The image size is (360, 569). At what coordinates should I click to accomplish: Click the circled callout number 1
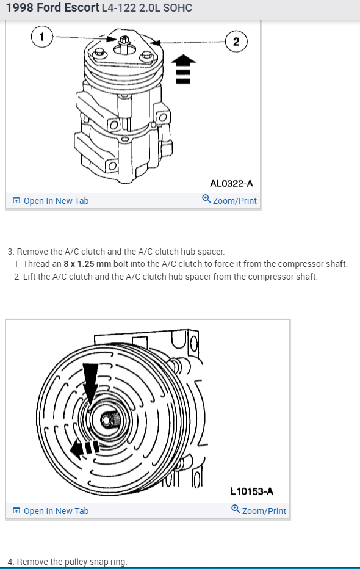tap(42, 37)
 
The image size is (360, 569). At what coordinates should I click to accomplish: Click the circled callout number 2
tap(236, 42)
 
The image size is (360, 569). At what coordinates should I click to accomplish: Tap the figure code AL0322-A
tap(231, 184)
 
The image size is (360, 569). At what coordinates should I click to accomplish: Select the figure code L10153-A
tap(252, 491)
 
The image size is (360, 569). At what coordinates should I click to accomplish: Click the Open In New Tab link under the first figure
tap(51, 201)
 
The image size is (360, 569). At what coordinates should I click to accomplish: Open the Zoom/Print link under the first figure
tap(229, 200)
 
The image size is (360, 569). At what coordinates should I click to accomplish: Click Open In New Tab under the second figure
tap(51, 511)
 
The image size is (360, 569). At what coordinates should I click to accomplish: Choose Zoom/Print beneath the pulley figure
tap(259, 510)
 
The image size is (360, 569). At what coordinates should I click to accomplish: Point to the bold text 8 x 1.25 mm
tap(87, 264)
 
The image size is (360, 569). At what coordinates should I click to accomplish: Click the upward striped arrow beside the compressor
tap(183, 69)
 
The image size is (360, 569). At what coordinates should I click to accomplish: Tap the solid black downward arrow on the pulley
tap(90, 382)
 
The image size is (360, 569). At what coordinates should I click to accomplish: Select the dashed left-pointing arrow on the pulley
tap(84, 448)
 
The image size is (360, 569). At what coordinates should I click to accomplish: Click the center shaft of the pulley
tap(107, 420)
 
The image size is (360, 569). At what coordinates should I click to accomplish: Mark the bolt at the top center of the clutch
tap(124, 42)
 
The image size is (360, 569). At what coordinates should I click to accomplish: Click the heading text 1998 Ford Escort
tap(52, 7)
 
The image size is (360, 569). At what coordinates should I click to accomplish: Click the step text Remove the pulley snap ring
tap(72, 562)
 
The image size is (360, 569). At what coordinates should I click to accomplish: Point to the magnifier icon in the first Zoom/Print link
tap(206, 198)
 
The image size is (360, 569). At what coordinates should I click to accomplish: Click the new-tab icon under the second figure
tap(16, 511)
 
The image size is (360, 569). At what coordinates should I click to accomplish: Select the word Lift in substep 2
tap(29, 277)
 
